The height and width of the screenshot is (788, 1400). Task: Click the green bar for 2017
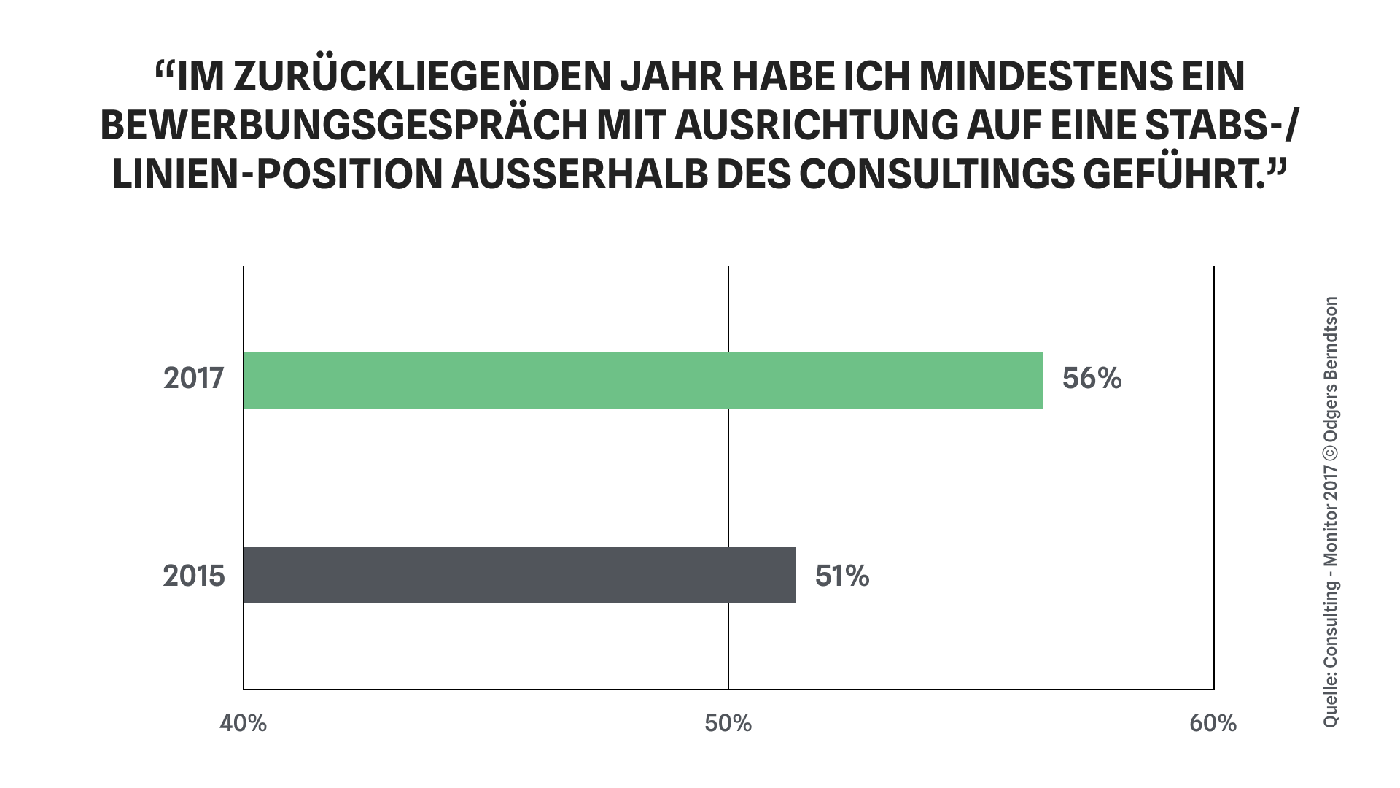(x=643, y=380)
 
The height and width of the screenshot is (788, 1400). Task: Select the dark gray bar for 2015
(x=519, y=575)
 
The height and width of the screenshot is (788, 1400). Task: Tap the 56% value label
(x=1092, y=379)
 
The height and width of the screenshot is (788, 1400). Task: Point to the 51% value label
(x=842, y=576)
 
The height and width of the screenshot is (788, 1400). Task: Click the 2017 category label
(x=193, y=379)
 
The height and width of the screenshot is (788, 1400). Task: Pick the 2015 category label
(x=193, y=576)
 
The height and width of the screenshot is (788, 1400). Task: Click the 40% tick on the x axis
(x=244, y=723)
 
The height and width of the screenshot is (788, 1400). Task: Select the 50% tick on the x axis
(x=728, y=723)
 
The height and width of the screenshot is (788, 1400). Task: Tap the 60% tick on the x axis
(x=1213, y=723)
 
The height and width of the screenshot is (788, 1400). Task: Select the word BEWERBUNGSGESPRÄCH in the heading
(x=343, y=126)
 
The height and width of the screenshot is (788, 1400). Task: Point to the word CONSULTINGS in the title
(x=936, y=175)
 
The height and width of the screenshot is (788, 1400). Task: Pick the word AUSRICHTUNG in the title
(x=817, y=126)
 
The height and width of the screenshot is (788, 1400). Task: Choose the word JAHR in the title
(x=671, y=77)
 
